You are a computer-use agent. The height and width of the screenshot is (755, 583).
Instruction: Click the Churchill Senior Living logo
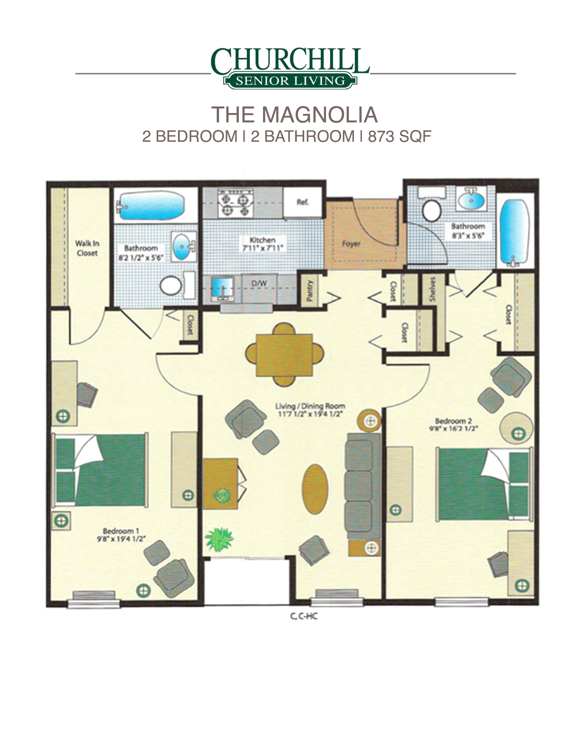pyautogui.click(x=290, y=68)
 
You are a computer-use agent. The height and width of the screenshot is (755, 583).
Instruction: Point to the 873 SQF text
pyautogui.click(x=400, y=137)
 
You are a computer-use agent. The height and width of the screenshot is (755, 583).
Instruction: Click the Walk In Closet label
pyautogui.click(x=87, y=248)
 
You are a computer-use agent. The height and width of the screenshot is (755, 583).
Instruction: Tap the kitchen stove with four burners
pyautogui.click(x=235, y=203)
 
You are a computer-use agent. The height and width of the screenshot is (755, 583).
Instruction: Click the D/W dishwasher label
pyautogui.click(x=259, y=283)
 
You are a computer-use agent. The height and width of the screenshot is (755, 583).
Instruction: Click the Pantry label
pyautogui.click(x=309, y=290)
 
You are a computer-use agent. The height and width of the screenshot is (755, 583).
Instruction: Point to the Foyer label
pyautogui.click(x=351, y=244)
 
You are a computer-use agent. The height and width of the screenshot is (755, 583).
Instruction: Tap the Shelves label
pyautogui.click(x=432, y=289)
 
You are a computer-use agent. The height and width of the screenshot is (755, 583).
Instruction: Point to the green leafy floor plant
pyautogui.click(x=219, y=539)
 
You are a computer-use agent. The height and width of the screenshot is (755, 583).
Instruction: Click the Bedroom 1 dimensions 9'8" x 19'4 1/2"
pyautogui.click(x=121, y=538)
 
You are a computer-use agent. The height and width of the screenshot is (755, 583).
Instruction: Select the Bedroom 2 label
pyautogui.click(x=453, y=421)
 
